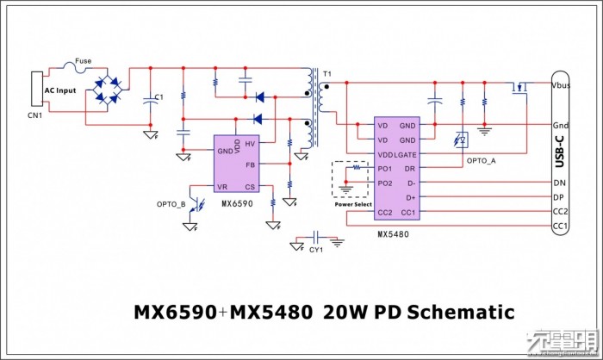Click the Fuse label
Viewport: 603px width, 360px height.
click(84, 60)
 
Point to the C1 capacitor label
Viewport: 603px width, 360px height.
click(159, 95)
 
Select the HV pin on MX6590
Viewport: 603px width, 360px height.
click(251, 144)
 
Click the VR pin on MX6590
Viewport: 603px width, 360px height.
click(223, 187)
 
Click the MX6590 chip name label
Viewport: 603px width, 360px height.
click(236, 204)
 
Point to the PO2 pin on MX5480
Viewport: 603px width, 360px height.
click(384, 183)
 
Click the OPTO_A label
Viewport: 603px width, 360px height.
click(480, 161)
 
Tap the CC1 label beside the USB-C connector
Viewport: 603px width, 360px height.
click(560, 227)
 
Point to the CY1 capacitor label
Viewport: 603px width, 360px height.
click(316, 250)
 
